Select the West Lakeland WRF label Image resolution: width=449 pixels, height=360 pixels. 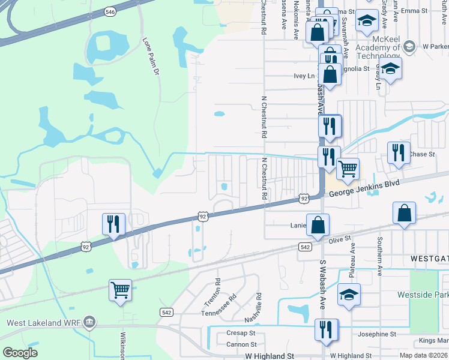click(42, 323)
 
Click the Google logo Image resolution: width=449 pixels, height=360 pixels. click(20, 353)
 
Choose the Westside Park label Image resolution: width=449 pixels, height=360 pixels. click(423, 295)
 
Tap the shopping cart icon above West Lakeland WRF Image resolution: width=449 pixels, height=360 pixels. click(120, 290)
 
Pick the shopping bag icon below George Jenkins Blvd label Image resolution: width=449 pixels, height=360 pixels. click(405, 213)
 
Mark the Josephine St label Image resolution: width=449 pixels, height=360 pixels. click(376, 334)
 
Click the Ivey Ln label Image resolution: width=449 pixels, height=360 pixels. click(304, 76)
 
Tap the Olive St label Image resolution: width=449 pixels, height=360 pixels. click(339, 239)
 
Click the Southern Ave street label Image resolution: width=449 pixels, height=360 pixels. click(379, 256)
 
